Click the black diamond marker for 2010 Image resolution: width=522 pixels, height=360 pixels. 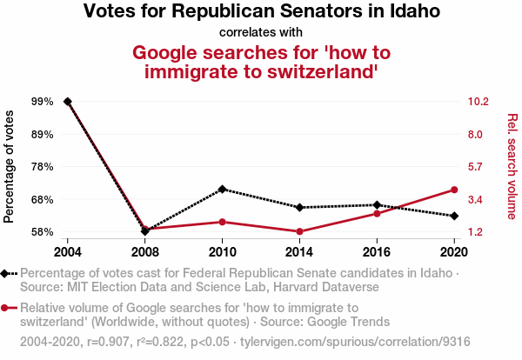point(222,189)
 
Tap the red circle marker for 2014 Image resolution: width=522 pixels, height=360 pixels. point(299,231)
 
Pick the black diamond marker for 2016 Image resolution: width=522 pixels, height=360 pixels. point(377,205)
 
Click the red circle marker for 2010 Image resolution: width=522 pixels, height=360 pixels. point(222,222)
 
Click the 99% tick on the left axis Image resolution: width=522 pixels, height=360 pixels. point(42,102)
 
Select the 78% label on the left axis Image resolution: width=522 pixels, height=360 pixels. point(42,166)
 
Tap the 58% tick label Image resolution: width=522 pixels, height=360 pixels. point(42,232)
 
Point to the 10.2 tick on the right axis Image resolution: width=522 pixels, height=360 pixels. point(480,102)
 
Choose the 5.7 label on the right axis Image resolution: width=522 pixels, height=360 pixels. point(477,166)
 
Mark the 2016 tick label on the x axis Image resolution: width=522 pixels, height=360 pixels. point(377,251)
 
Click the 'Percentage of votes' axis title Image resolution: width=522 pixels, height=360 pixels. point(10,166)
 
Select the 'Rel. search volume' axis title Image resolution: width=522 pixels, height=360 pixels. point(512,166)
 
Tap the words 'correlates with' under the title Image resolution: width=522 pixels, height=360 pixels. point(260,33)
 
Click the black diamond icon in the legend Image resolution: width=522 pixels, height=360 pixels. point(8,273)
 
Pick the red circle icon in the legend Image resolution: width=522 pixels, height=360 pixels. point(8,307)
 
